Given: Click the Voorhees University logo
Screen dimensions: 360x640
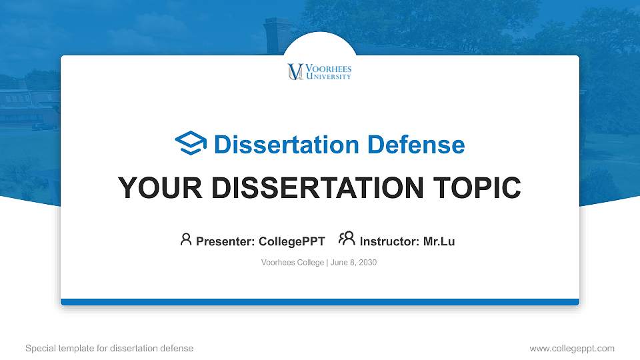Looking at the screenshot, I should pos(319,72).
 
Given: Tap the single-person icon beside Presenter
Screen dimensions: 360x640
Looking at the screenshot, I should pos(186,239).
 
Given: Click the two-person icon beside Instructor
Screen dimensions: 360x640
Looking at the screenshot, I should pos(347,239).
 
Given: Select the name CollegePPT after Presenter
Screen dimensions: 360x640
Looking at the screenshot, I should pos(291,241).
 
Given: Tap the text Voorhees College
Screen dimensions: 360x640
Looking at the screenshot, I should pos(293,263).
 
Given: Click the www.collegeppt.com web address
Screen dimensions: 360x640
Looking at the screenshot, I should pos(571,348).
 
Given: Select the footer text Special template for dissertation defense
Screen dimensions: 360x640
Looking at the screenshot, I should pos(109,348).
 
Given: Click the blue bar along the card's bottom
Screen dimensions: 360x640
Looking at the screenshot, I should pos(319,302).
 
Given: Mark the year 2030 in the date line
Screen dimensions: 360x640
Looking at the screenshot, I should pos(367,263).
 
